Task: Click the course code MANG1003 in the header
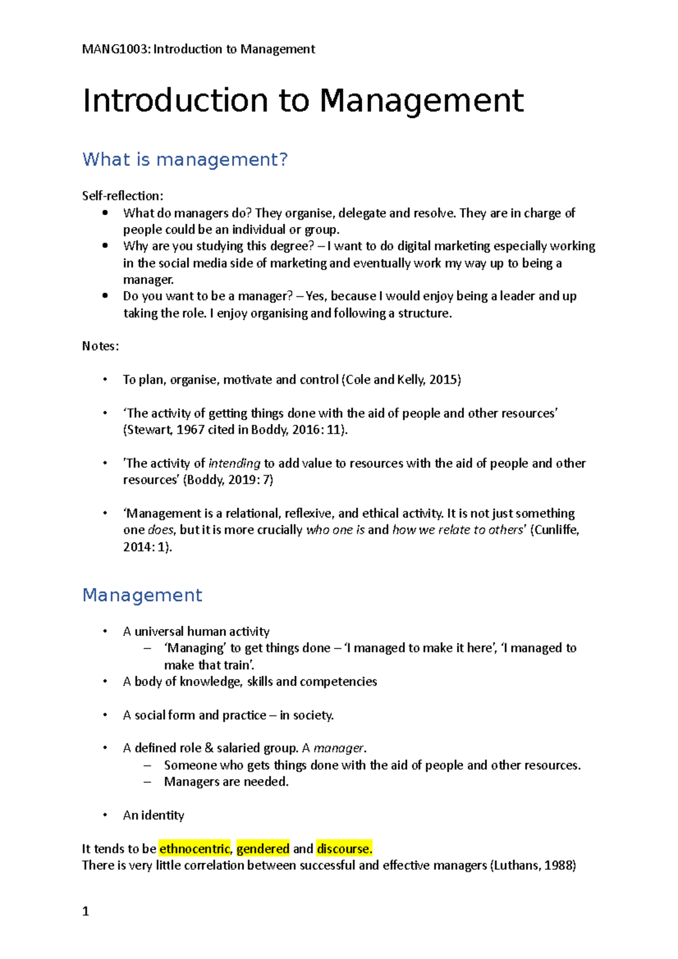(116, 49)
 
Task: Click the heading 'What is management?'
(185, 159)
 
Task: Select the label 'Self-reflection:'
(123, 196)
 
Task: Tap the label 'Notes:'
(101, 346)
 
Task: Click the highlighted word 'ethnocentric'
(194, 848)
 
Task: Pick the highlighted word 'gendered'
(263, 848)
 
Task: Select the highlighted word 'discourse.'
(344, 848)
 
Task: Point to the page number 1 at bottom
(85, 911)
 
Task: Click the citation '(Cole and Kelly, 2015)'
(401, 380)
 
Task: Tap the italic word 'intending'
(234, 463)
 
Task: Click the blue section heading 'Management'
(142, 595)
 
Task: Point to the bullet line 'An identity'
(153, 815)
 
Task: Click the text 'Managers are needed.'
(226, 782)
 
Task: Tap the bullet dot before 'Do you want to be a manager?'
(105, 295)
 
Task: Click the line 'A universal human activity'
(196, 631)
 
